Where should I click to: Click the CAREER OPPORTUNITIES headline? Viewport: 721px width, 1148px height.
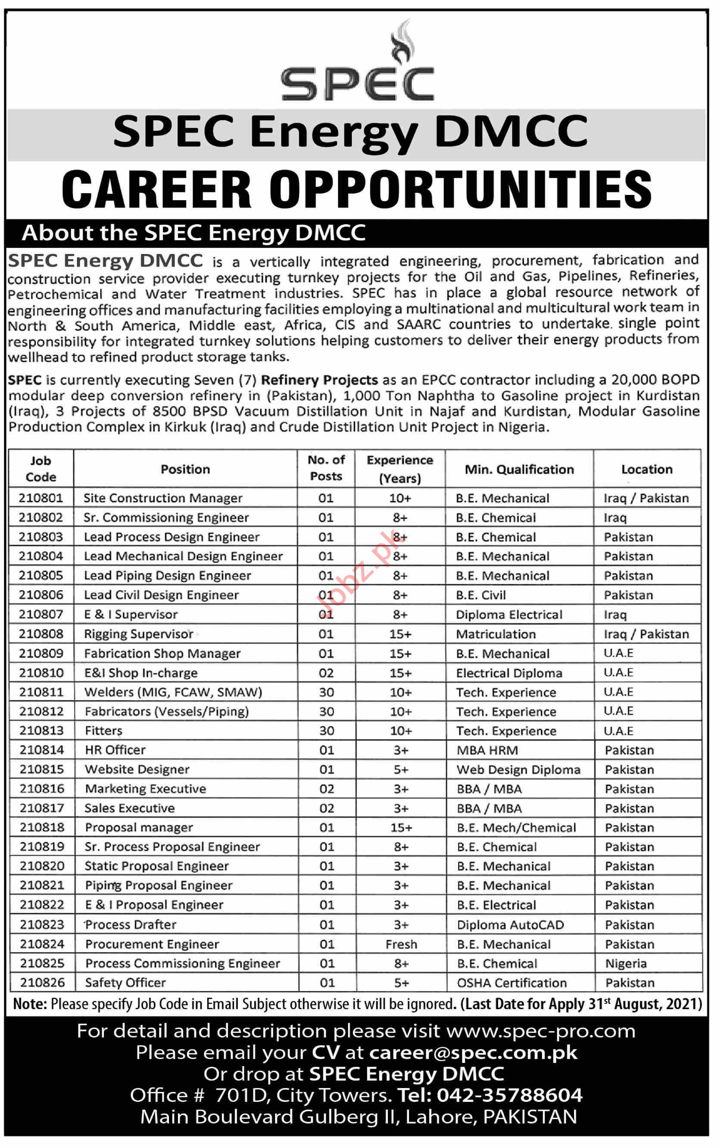click(x=356, y=189)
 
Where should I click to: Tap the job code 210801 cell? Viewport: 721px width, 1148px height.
click(x=41, y=498)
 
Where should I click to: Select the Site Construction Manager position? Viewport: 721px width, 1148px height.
click(x=163, y=498)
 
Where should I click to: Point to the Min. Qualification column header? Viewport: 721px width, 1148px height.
click(x=519, y=469)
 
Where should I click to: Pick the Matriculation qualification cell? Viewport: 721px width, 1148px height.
click(x=496, y=634)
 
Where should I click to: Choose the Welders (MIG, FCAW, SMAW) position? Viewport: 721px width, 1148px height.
click(x=173, y=692)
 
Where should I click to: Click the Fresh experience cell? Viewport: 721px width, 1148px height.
click(x=401, y=944)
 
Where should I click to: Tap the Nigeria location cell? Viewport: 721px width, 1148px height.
click(x=626, y=963)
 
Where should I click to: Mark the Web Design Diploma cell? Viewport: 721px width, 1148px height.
click(x=518, y=769)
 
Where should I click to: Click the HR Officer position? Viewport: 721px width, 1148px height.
click(x=115, y=750)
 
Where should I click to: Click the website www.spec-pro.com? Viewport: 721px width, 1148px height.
click(x=541, y=1031)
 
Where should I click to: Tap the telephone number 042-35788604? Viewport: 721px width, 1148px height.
click(x=509, y=1095)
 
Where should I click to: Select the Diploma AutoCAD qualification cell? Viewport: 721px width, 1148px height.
click(x=510, y=925)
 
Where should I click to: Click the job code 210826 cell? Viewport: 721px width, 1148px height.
click(x=42, y=982)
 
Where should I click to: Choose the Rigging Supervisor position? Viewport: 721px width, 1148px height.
click(x=139, y=634)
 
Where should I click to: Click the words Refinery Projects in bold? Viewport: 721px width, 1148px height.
click(x=319, y=380)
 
